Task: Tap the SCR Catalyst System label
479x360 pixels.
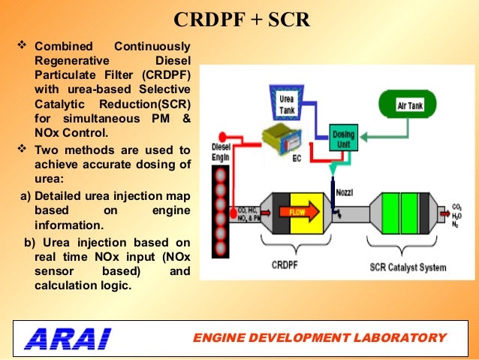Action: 408,267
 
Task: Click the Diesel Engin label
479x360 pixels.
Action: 220,153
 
